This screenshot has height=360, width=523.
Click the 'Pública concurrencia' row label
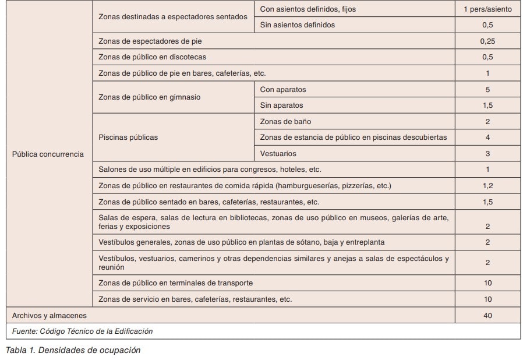pyautogui.click(x=48, y=154)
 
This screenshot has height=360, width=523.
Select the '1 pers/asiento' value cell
pyautogui.click(x=487, y=9)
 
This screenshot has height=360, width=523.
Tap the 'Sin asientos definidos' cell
pyautogui.click(x=298, y=25)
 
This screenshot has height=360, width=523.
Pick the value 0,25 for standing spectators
pyautogui.click(x=487, y=41)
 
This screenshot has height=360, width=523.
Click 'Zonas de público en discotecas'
pyautogui.click(x=153, y=57)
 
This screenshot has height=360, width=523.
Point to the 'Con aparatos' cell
pyautogui.click(x=283, y=90)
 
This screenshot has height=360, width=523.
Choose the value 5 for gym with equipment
pyautogui.click(x=487, y=90)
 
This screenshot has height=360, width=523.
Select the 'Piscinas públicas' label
pyautogui.click(x=128, y=137)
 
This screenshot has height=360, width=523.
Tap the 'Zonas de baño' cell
pyautogui.click(x=285, y=122)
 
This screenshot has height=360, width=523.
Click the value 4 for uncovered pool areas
pyautogui.click(x=487, y=137)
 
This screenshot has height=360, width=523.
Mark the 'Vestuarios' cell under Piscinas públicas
pyautogui.click(x=278, y=154)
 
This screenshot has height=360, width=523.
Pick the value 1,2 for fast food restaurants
pyautogui.click(x=487, y=186)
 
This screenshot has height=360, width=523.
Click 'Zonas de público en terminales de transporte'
pyautogui.click(x=176, y=283)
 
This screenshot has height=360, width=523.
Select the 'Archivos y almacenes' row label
pyautogui.click(x=50, y=315)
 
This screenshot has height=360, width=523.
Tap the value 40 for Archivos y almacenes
pyautogui.click(x=487, y=315)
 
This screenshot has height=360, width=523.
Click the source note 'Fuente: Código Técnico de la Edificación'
pyautogui.click(x=82, y=331)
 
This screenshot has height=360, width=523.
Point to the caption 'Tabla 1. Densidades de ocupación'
pyautogui.click(x=73, y=350)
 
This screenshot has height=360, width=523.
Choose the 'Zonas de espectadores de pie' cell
pyautogui.click(x=150, y=41)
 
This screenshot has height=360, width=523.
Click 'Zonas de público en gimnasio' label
pyautogui.click(x=150, y=97)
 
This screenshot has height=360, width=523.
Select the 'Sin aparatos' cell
pyautogui.click(x=282, y=105)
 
